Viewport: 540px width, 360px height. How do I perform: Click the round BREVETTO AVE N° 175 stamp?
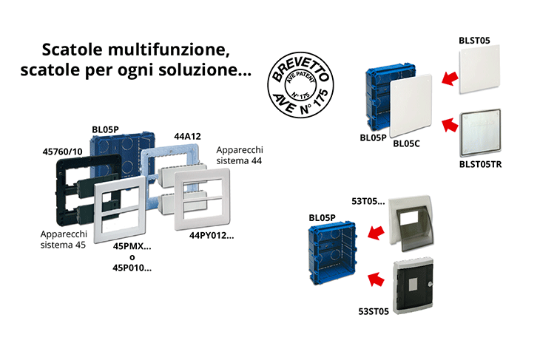[300, 85]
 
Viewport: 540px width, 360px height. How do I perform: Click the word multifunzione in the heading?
[169, 50]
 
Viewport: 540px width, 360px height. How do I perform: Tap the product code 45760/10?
[62, 152]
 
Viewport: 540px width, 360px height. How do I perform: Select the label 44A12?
[187, 137]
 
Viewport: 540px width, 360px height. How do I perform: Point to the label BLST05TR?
[480, 165]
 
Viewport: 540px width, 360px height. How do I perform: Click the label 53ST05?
[374, 311]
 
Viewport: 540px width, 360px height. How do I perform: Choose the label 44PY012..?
[212, 236]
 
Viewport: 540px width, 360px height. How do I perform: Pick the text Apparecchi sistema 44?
[240, 155]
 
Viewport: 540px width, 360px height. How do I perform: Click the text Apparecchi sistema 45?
[64, 240]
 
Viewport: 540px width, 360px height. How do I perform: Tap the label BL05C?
[406, 144]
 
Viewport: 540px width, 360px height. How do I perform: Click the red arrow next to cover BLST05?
[450, 78]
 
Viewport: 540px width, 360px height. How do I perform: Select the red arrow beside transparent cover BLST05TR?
[450, 125]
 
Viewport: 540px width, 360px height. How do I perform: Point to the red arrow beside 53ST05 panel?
[376, 279]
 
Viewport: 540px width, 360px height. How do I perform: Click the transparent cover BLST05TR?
[480, 133]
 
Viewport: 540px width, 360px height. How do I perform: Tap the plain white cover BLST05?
[479, 69]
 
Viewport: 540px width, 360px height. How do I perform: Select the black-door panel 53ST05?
[413, 286]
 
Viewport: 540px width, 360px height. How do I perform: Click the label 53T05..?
[368, 201]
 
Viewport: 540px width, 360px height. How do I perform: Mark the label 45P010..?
[132, 268]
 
